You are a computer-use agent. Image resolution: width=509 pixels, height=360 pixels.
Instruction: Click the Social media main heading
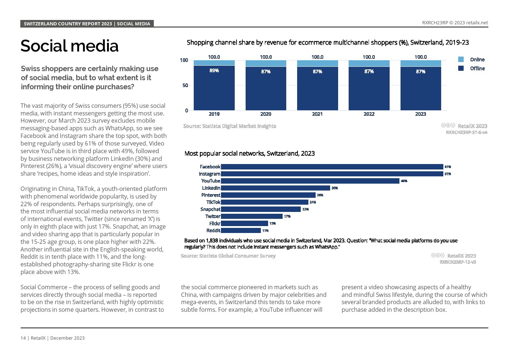click(69, 46)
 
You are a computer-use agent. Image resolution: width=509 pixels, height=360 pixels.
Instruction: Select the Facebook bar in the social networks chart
click(332, 167)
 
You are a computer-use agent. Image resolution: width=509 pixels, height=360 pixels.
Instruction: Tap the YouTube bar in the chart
click(310, 181)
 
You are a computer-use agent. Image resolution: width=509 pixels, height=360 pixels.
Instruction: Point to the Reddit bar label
click(213, 230)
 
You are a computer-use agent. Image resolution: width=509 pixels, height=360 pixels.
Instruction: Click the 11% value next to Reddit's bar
click(265, 230)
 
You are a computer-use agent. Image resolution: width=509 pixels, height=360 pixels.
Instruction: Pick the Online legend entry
click(477, 60)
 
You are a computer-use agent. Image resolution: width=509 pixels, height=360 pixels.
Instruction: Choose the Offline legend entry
click(477, 69)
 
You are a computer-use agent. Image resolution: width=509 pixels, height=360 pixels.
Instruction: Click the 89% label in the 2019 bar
click(214, 70)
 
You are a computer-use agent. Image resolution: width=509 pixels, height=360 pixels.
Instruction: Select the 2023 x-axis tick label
click(420, 114)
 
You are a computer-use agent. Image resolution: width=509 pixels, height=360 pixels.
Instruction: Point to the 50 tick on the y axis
click(185, 85)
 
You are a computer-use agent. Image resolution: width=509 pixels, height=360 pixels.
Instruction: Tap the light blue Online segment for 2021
click(317, 64)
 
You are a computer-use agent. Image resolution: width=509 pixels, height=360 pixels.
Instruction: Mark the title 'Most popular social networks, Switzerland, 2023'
click(250, 154)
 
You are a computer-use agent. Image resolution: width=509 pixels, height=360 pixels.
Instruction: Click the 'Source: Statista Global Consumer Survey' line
click(228, 256)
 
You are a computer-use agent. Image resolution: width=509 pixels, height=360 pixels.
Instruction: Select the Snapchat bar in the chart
click(261, 209)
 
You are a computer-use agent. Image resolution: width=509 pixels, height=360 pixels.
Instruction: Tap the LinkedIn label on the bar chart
click(211, 188)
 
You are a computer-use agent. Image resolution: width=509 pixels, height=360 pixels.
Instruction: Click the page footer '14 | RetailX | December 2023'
click(53, 338)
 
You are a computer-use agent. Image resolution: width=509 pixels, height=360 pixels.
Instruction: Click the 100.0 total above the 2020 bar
click(266, 57)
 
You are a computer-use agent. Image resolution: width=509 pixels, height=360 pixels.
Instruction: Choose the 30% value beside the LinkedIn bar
click(334, 188)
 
